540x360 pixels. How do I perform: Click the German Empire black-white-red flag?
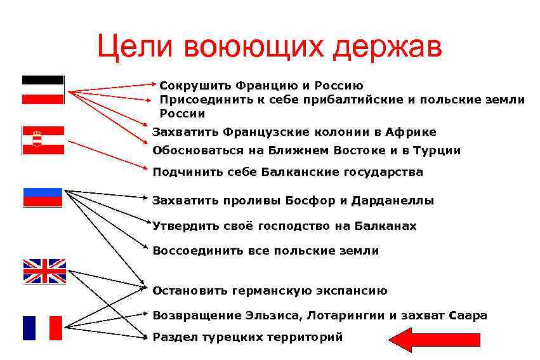point(43,90)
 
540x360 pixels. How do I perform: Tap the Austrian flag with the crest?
point(43,140)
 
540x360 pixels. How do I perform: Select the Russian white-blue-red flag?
point(43,197)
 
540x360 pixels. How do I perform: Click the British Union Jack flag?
point(44,271)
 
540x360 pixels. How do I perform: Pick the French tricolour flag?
point(43,328)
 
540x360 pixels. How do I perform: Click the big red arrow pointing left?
point(418,340)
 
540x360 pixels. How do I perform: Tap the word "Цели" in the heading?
point(136,48)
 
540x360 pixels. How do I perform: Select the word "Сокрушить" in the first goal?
point(194,85)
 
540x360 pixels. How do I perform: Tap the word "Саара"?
point(468,316)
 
